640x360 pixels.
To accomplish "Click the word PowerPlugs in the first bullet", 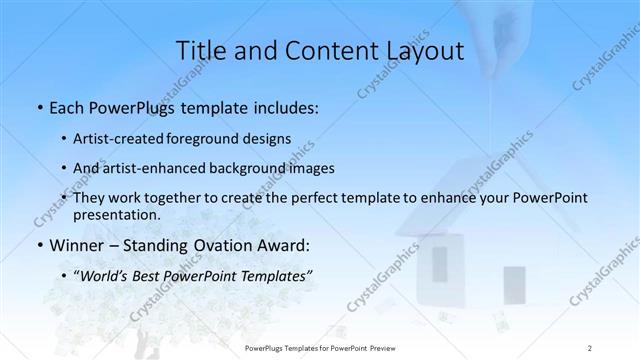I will click(125, 108).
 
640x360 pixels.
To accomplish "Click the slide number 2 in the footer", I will click(590, 347).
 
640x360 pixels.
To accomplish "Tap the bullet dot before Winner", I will click(38, 246).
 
